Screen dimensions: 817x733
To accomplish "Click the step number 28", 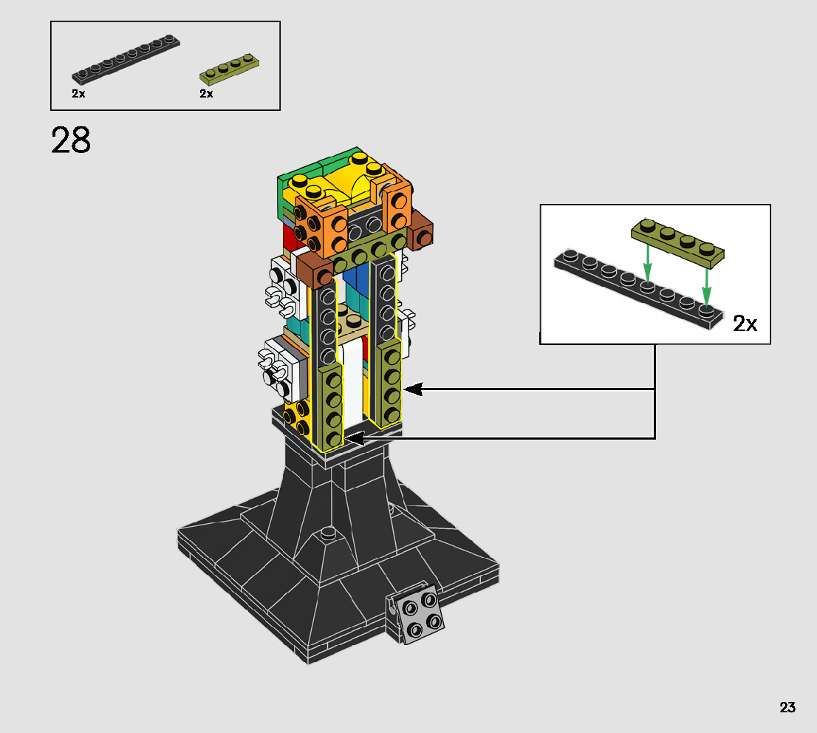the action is (x=71, y=140).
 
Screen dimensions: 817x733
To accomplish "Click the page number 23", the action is (x=787, y=707).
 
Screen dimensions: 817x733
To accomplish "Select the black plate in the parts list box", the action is (x=126, y=59).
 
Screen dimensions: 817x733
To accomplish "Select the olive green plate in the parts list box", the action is (x=229, y=69).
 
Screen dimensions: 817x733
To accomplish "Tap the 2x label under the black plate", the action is (x=79, y=93).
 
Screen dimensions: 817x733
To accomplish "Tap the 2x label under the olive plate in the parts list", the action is (x=206, y=93).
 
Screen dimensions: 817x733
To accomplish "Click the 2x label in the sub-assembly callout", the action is (x=745, y=324).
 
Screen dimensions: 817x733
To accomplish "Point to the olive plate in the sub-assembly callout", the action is (x=677, y=243).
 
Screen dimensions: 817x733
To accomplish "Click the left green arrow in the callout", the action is (x=647, y=263).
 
